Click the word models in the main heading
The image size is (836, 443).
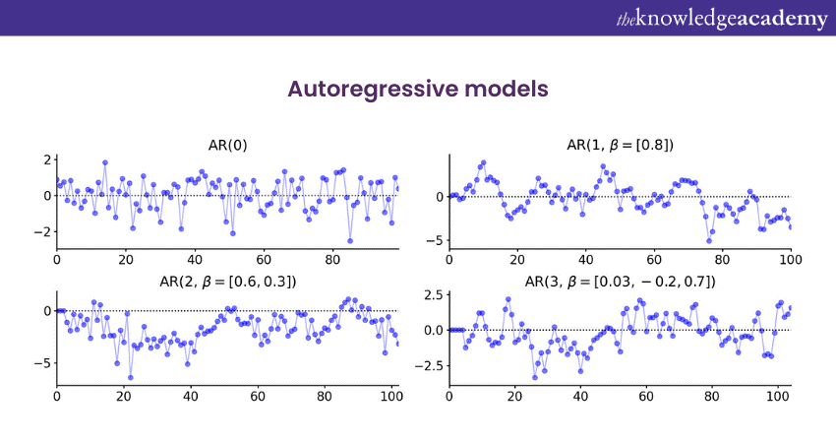coord(508,90)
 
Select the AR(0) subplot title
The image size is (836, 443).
coord(227,145)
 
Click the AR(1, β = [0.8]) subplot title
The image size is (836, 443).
coord(620,145)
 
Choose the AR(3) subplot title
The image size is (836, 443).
coord(620,282)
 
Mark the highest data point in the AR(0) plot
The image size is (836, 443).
coord(104,162)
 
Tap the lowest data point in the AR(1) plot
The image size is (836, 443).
coord(709,240)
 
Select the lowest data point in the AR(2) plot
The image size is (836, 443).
coord(130,377)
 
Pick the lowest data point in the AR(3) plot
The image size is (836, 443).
coord(535,377)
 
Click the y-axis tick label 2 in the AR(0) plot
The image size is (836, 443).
coord(45,159)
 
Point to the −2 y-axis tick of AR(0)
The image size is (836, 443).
coord(40,232)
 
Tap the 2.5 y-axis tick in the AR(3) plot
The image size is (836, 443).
coord(429,294)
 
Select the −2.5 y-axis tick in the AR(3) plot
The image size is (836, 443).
coord(425,365)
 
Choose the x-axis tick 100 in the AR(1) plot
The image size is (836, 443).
coord(790,261)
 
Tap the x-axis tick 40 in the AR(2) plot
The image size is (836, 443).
coord(190,398)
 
